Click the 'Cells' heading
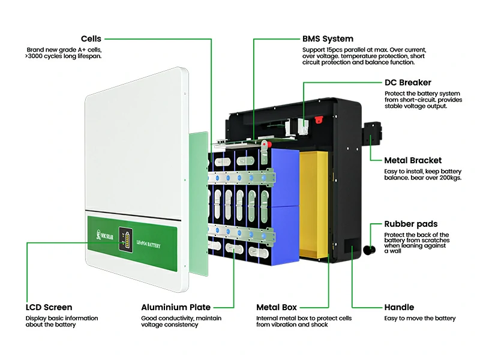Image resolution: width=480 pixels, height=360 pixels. [91, 39]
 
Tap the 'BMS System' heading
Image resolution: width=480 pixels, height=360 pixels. [328, 39]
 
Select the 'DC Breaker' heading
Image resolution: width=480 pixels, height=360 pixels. [407, 83]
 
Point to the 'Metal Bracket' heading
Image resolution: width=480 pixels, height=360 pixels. [413, 160]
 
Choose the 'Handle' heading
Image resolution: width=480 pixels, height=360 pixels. [399, 307]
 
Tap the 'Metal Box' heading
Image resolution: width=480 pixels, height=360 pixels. [277, 307]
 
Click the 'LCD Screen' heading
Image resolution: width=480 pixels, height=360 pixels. [49, 307]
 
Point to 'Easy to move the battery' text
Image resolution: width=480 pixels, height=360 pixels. [420, 318]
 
